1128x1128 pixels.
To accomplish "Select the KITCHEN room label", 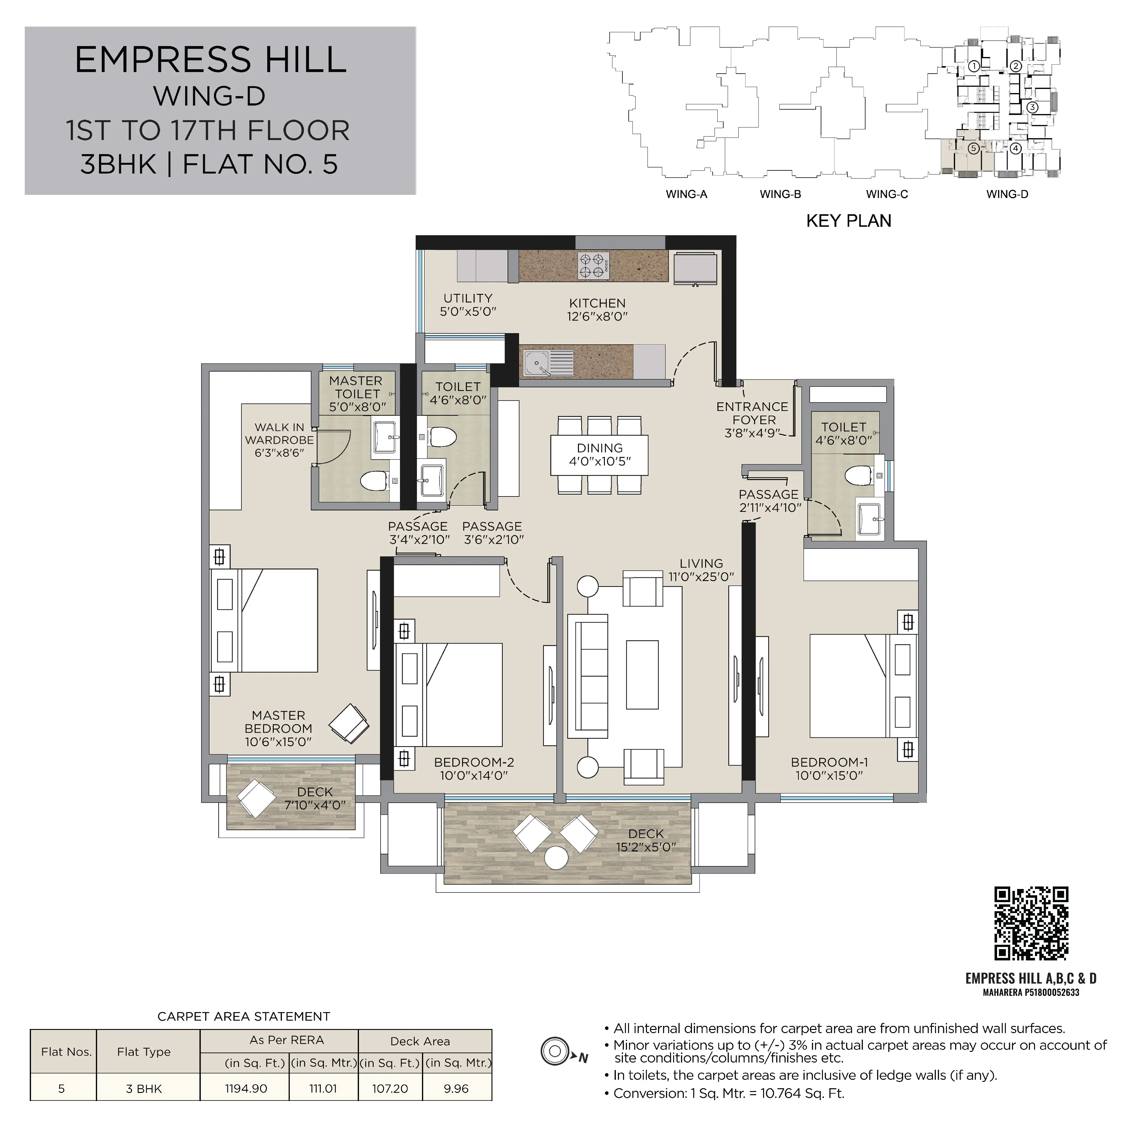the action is point(597,309).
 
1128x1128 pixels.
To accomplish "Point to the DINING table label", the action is point(600,455).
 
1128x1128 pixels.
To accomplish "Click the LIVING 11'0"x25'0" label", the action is point(701,570).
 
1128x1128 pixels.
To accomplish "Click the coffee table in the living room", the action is point(642,674).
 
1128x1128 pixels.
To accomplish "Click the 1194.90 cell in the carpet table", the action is point(246,1088).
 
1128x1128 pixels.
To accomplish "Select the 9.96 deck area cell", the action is point(456,1088).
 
